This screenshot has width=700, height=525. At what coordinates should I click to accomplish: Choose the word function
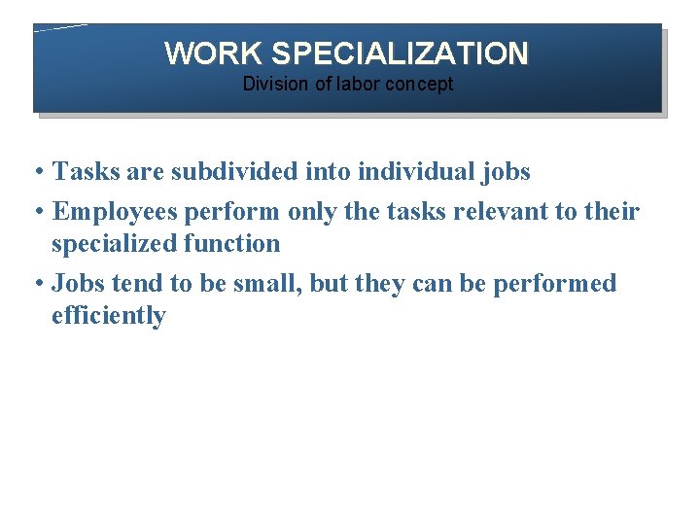point(232,244)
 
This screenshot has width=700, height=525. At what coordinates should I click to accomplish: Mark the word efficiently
point(109,316)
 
